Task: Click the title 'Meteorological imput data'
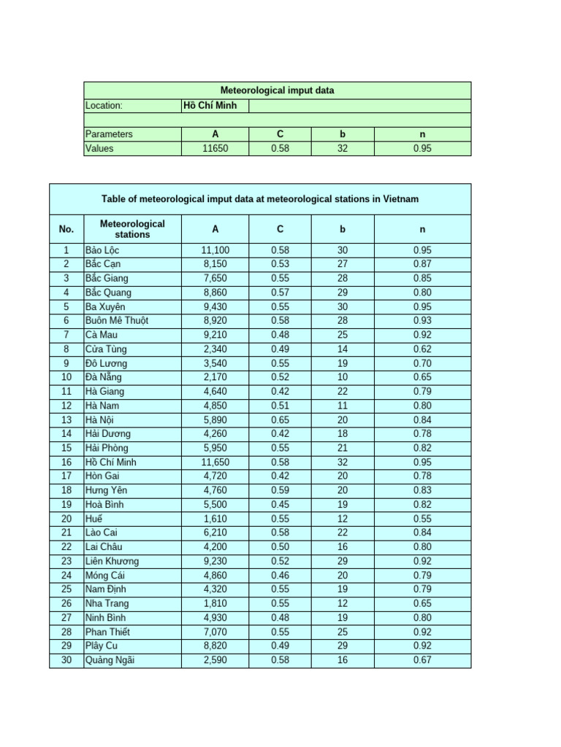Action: tap(277, 90)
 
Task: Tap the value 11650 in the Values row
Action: tap(215, 148)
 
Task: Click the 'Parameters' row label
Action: tap(109, 134)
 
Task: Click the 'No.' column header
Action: tap(66, 229)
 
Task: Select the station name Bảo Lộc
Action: tap(102, 250)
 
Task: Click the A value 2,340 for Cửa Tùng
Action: tap(215, 349)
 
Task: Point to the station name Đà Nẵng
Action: tap(103, 377)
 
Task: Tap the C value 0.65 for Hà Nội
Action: tap(280, 419)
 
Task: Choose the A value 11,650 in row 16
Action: tap(215, 462)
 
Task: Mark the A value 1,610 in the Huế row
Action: tap(215, 519)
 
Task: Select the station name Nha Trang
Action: tap(107, 603)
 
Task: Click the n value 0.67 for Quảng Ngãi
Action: tap(422, 660)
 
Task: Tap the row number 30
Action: tap(66, 660)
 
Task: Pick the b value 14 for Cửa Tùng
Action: tap(343, 349)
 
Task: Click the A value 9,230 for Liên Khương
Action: tap(215, 561)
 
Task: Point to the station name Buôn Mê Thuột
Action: tap(116, 321)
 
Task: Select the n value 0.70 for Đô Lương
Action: tap(422, 363)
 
